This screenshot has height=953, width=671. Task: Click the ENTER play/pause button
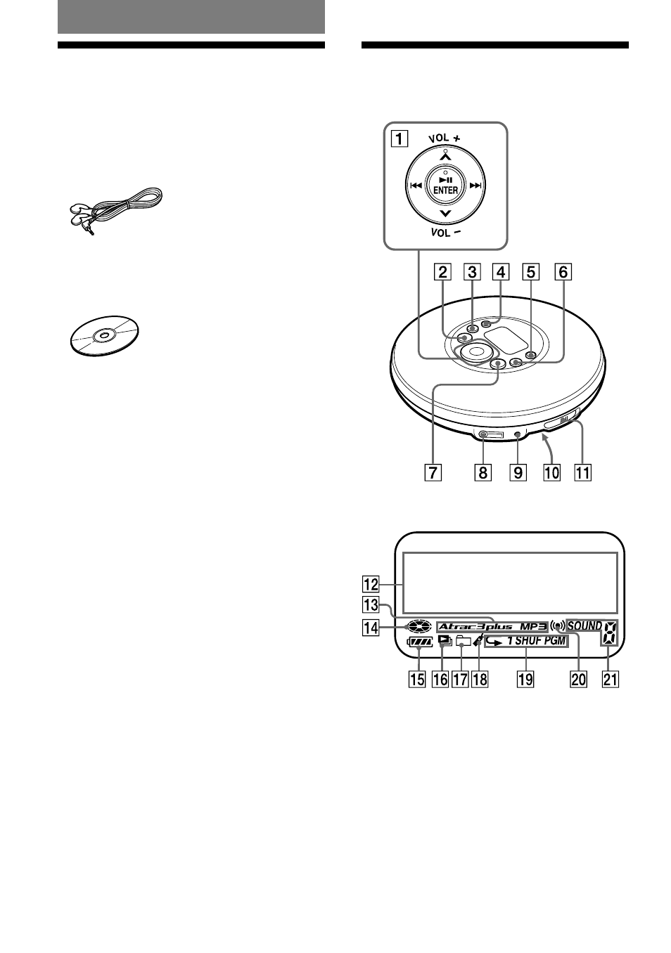[445, 186]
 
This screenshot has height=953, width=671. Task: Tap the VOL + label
[445, 138]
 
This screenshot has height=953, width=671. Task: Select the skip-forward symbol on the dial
[475, 186]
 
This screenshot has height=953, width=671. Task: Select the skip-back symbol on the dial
[416, 186]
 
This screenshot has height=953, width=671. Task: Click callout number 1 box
[400, 138]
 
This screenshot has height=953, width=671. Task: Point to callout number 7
[433, 473]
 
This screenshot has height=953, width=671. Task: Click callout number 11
[583, 473]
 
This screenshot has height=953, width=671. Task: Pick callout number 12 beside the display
[371, 584]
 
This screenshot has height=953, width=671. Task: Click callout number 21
[610, 679]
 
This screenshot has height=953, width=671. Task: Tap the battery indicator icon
[420, 641]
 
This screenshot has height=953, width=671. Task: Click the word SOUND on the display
[584, 625]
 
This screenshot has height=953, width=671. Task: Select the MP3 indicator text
[532, 626]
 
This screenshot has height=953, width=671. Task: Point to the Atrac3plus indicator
[475, 626]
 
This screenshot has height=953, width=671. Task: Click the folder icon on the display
[463, 640]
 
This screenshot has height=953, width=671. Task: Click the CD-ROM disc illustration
[105, 336]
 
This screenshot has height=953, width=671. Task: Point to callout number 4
[501, 272]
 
